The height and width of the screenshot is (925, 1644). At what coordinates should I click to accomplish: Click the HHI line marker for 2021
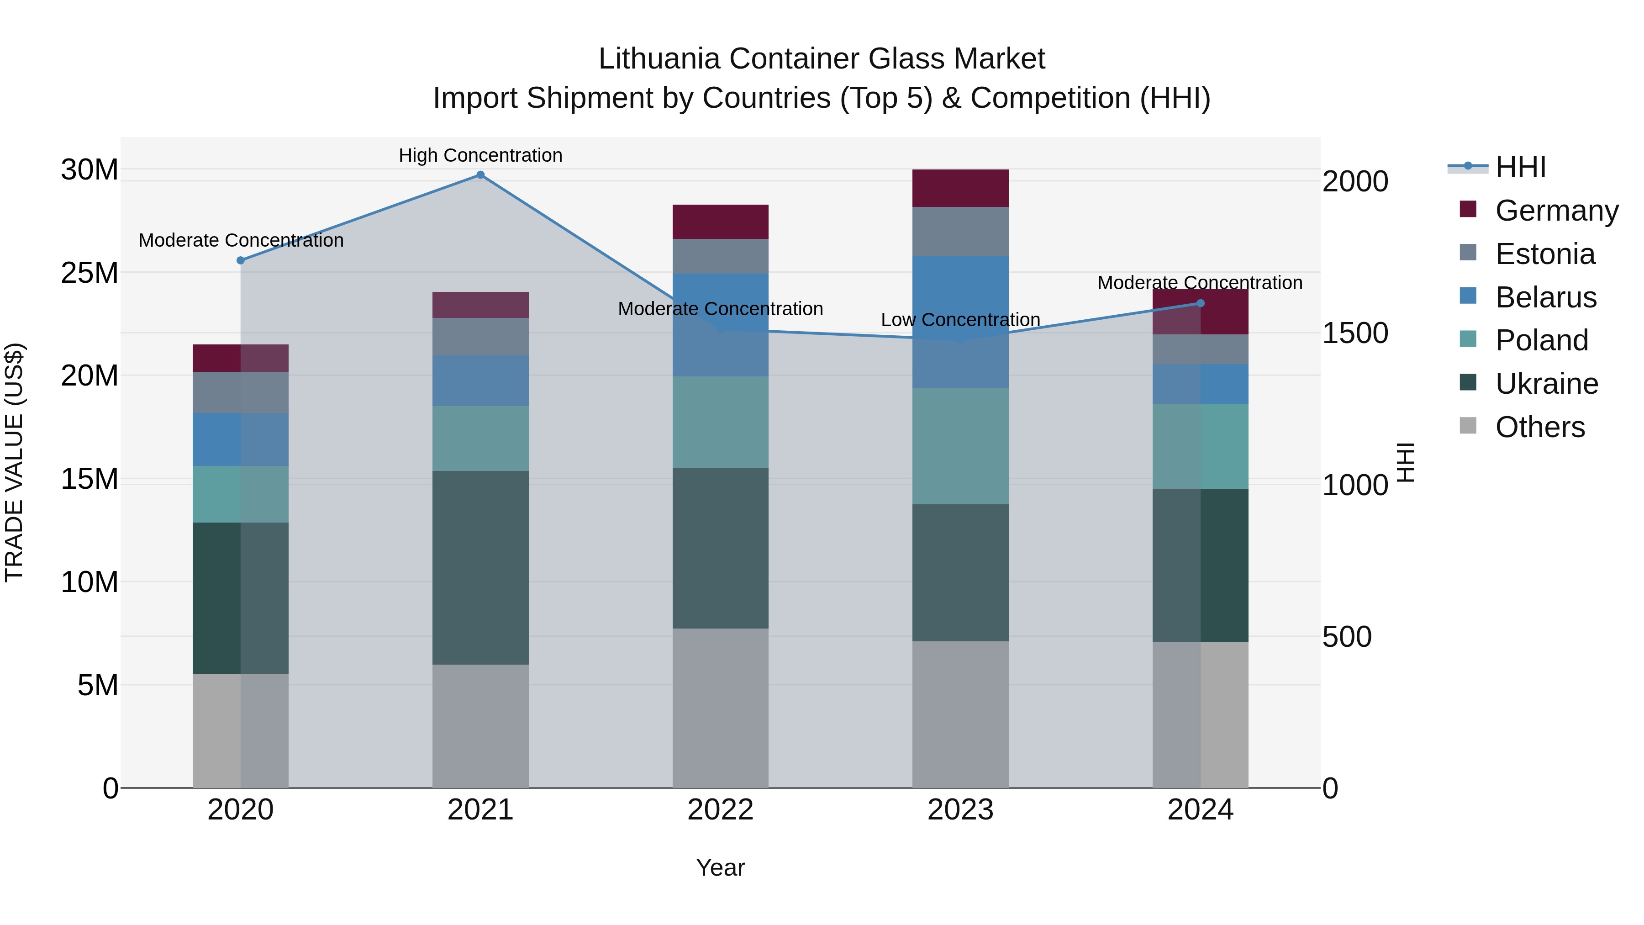tap(480, 175)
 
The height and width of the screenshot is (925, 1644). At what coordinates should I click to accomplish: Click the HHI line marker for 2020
tap(241, 260)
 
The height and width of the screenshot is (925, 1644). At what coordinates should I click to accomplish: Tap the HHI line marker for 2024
tap(1201, 303)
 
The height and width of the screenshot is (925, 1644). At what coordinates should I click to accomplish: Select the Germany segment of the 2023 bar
tap(960, 188)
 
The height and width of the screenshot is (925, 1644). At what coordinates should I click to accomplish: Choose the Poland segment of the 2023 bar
tap(960, 446)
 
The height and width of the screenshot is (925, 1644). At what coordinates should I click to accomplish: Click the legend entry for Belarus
tap(1545, 297)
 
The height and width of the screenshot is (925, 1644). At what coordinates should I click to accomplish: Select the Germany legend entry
tap(1556, 211)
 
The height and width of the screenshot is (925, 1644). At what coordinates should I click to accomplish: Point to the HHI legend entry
tap(1519, 167)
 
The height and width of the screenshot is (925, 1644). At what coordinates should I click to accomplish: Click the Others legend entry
tap(1539, 427)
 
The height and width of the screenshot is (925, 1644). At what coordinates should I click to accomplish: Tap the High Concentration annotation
tap(480, 155)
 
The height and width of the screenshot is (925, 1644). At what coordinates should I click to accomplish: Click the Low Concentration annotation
tap(960, 320)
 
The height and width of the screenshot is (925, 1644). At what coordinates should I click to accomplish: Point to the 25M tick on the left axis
tap(90, 273)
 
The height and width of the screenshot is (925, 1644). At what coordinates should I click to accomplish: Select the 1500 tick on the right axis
tap(1354, 333)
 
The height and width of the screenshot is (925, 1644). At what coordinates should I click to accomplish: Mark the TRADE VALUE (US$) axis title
tap(14, 462)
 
